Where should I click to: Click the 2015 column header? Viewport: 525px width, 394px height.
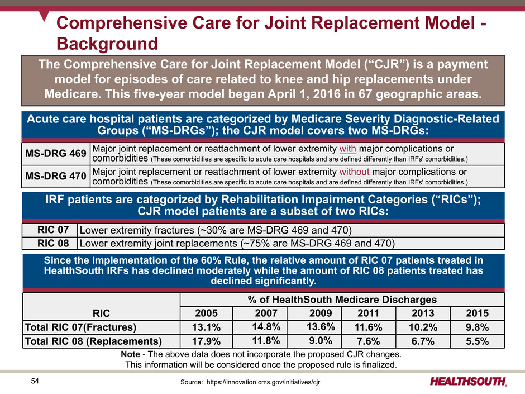point(474,312)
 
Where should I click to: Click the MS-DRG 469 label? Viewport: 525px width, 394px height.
point(55,153)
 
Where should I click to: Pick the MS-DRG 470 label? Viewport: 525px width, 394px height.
point(55,176)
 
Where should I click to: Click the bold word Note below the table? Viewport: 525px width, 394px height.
point(132,354)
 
